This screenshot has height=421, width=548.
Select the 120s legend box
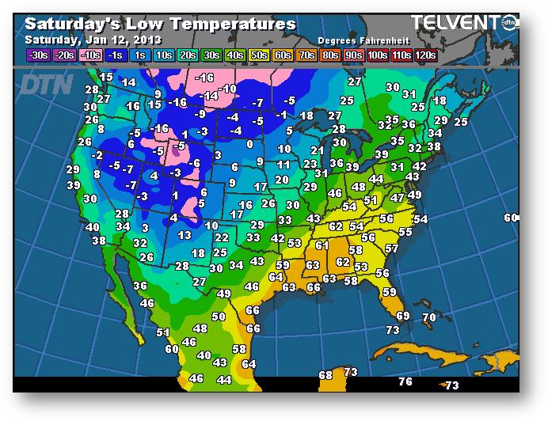click(425, 55)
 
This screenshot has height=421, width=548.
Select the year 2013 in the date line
click(148, 40)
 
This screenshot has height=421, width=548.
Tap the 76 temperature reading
click(405, 382)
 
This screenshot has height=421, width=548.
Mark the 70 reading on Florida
click(428, 317)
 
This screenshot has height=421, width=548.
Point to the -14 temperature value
click(208, 96)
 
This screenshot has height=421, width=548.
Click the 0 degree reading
click(250, 144)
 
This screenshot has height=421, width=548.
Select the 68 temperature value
click(325, 374)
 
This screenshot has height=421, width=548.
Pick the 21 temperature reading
click(317, 150)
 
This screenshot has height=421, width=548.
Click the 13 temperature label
click(185, 235)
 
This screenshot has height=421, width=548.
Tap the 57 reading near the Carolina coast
click(391, 248)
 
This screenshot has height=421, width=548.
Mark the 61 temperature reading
click(322, 245)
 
